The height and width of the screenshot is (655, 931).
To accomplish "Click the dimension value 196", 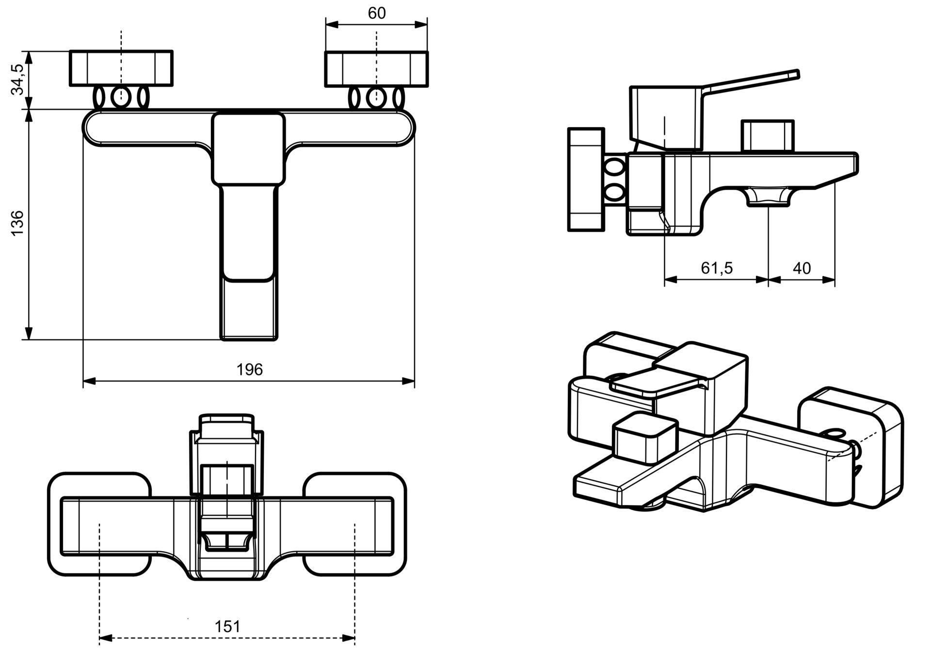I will click(x=249, y=370).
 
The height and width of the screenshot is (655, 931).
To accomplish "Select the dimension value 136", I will click(x=17, y=223).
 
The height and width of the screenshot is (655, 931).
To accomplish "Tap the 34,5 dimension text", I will click(x=17, y=80).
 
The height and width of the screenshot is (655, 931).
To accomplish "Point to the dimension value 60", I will click(x=377, y=13).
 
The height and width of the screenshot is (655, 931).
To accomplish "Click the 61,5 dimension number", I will click(x=717, y=268).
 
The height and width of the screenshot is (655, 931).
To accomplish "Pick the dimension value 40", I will click(x=802, y=268).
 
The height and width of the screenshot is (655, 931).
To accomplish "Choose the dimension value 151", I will click(x=227, y=627).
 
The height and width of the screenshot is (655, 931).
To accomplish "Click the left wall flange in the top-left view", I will click(x=121, y=68).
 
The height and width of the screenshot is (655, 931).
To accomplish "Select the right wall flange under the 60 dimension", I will click(x=377, y=69).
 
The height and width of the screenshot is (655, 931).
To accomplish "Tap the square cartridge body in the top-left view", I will click(x=248, y=148).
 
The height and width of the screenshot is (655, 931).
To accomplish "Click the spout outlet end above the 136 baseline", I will click(x=249, y=310).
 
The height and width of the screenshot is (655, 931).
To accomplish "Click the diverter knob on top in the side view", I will click(x=768, y=136).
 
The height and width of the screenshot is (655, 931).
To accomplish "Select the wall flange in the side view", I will click(x=586, y=179).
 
